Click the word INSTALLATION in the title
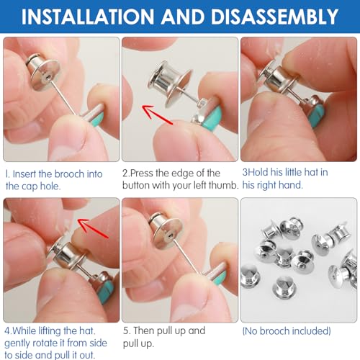click(88, 17)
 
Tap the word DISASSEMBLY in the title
click(275, 17)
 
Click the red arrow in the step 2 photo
click(157, 114)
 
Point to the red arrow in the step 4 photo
click(94, 228)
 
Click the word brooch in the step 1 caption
click(69, 174)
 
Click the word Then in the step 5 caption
click(144, 330)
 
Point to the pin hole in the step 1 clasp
click(48, 77)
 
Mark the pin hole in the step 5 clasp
click(170, 236)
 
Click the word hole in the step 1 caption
click(50, 186)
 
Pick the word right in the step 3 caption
click(271, 185)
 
